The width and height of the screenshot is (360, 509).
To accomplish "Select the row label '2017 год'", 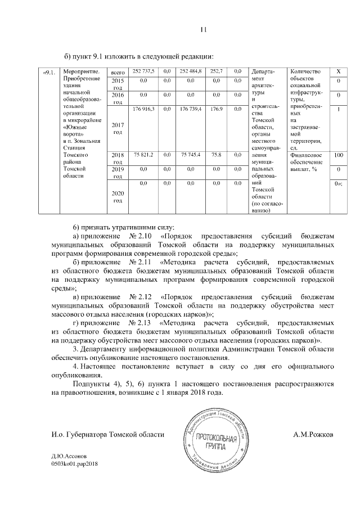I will (x=118, y=128).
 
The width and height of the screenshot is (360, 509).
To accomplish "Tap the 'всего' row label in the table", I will (x=118, y=73).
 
